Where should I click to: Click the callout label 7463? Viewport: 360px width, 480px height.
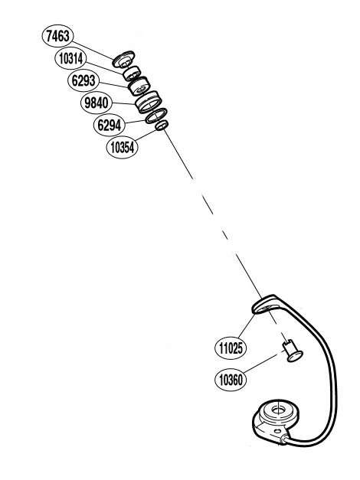(57, 36)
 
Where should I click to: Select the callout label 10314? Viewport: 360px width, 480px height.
(70, 58)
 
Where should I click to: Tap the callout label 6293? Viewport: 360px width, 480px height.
(83, 81)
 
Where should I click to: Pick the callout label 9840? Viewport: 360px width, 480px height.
(97, 103)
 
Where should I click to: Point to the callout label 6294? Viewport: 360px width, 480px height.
(110, 125)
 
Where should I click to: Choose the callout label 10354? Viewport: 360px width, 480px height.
(123, 148)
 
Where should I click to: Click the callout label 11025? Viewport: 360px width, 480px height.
(231, 348)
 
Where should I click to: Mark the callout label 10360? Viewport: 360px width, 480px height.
(231, 380)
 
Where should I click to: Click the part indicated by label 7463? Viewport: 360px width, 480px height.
(123, 59)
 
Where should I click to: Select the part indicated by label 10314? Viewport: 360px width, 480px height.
(132, 73)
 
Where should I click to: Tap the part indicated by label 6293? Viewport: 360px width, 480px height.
(139, 87)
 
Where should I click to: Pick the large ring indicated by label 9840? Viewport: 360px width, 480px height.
(149, 102)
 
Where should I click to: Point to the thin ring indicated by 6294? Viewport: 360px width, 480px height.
(156, 116)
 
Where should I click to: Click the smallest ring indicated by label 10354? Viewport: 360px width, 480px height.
(162, 126)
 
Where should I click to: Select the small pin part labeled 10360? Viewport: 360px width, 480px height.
(293, 351)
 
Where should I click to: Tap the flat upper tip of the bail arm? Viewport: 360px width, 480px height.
(264, 305)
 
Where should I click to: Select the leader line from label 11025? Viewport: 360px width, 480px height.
(247, 326)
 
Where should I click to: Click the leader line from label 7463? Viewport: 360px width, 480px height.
(93, 51)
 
